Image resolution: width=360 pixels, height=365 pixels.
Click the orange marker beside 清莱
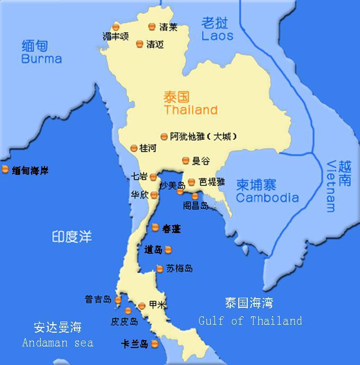152,26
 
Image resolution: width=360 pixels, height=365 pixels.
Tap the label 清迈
155,44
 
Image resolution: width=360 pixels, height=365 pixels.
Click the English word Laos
217,36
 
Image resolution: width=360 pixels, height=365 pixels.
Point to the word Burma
41,59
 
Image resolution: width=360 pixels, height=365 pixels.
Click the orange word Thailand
191,110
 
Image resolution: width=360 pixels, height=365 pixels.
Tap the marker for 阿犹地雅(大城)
164,137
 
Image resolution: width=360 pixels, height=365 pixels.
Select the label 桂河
148,148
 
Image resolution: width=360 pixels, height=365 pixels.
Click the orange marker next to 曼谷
186,161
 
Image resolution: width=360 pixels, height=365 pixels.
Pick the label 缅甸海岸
30,171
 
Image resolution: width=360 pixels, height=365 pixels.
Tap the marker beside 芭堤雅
192,182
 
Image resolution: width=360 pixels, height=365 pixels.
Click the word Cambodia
267,198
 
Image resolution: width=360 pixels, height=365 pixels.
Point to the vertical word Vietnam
332,186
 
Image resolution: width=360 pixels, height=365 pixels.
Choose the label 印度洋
71,236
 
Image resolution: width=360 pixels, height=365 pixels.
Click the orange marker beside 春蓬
155,228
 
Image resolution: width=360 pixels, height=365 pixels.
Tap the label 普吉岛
98,299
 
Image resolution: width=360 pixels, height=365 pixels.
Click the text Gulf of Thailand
250,321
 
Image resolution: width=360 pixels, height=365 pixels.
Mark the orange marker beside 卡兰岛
155,344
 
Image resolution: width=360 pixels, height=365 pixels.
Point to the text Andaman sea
58,342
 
